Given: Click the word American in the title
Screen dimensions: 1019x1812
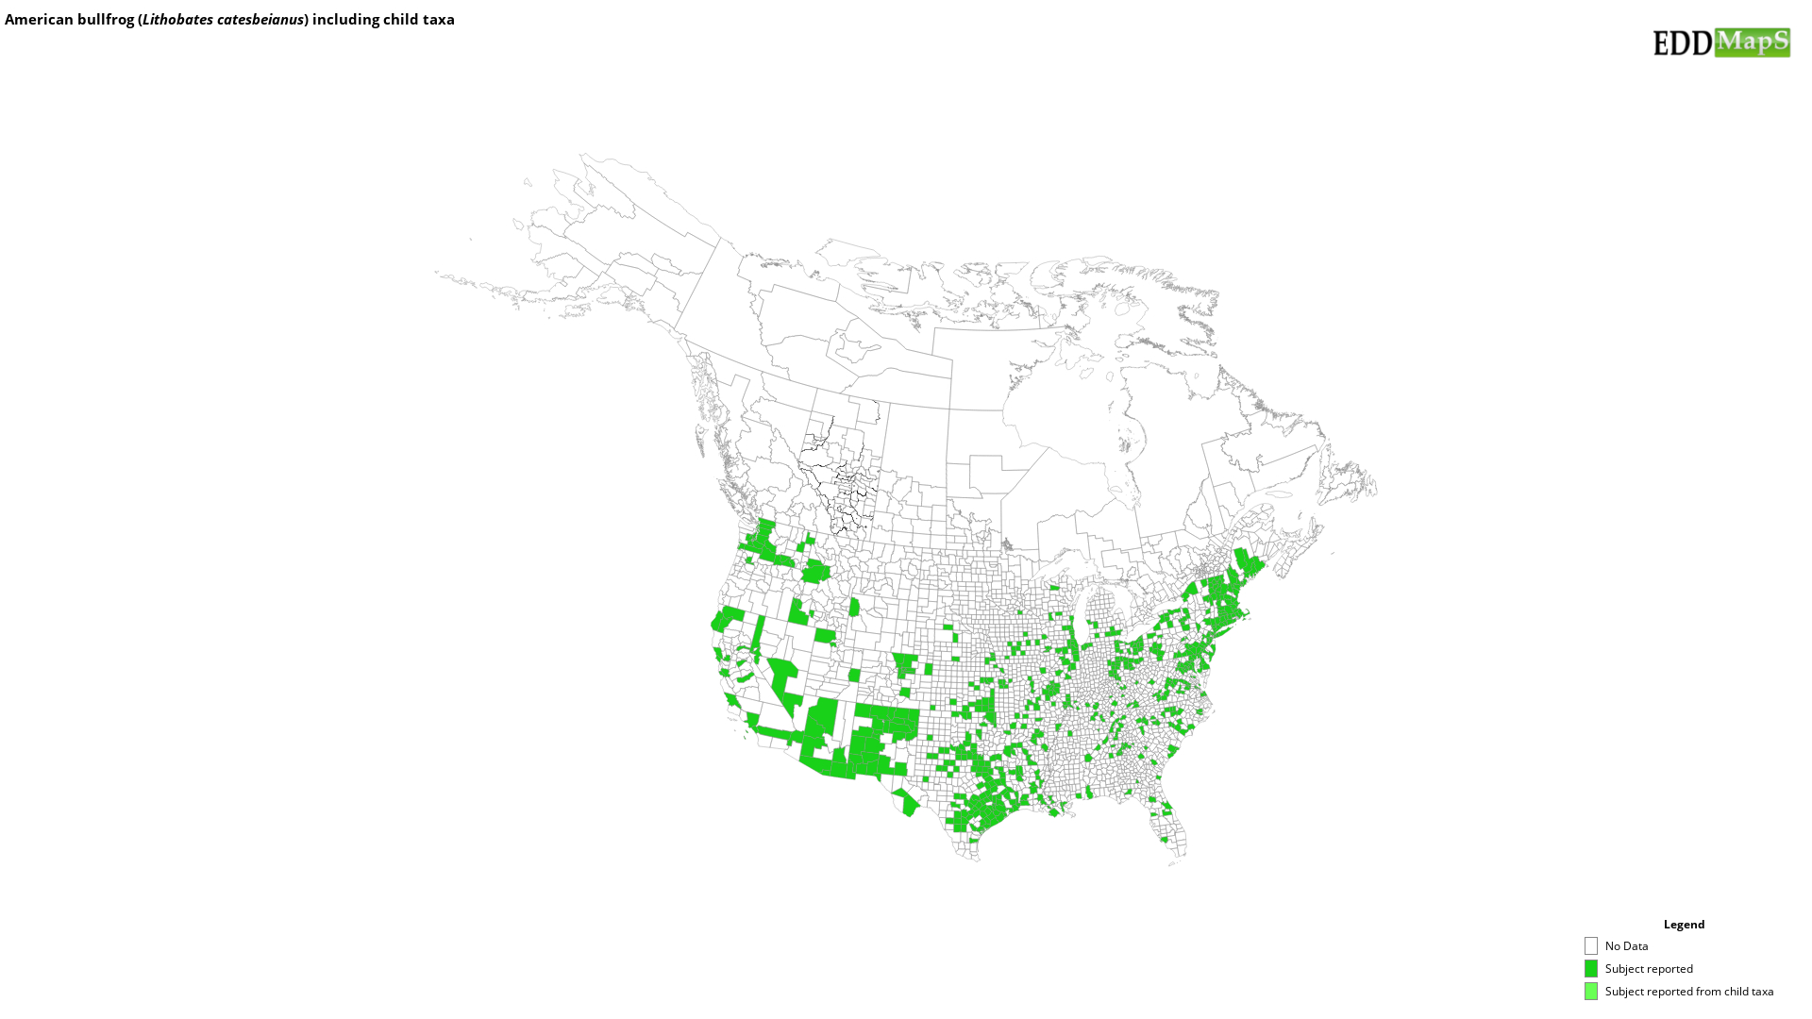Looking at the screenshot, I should coord(40,20).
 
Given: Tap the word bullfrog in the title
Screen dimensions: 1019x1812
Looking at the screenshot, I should coord(106,20).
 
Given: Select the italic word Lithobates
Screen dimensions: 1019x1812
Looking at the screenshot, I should coord(177,20).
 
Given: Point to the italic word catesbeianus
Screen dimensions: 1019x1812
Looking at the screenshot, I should coord(260,20).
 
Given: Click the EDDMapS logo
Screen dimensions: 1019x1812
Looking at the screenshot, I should coord(1720,42).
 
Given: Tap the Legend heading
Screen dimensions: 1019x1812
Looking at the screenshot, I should coord(1684,925).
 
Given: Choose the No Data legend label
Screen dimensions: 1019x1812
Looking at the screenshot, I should coord(1626,946).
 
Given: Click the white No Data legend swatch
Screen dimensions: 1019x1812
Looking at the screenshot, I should coord(1591,946).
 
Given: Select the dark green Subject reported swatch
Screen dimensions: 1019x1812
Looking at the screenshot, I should coord(1591,969).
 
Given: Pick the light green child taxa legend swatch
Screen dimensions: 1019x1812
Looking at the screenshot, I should coord(1591,992).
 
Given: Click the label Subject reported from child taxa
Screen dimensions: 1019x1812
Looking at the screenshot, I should coord(1688,992).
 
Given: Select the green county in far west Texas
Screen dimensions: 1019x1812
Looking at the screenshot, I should coord(907,803).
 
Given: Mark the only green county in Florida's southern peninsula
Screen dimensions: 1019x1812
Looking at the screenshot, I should coord(1165,839).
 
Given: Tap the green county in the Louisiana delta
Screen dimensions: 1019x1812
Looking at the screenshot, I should coord(1054,812).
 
